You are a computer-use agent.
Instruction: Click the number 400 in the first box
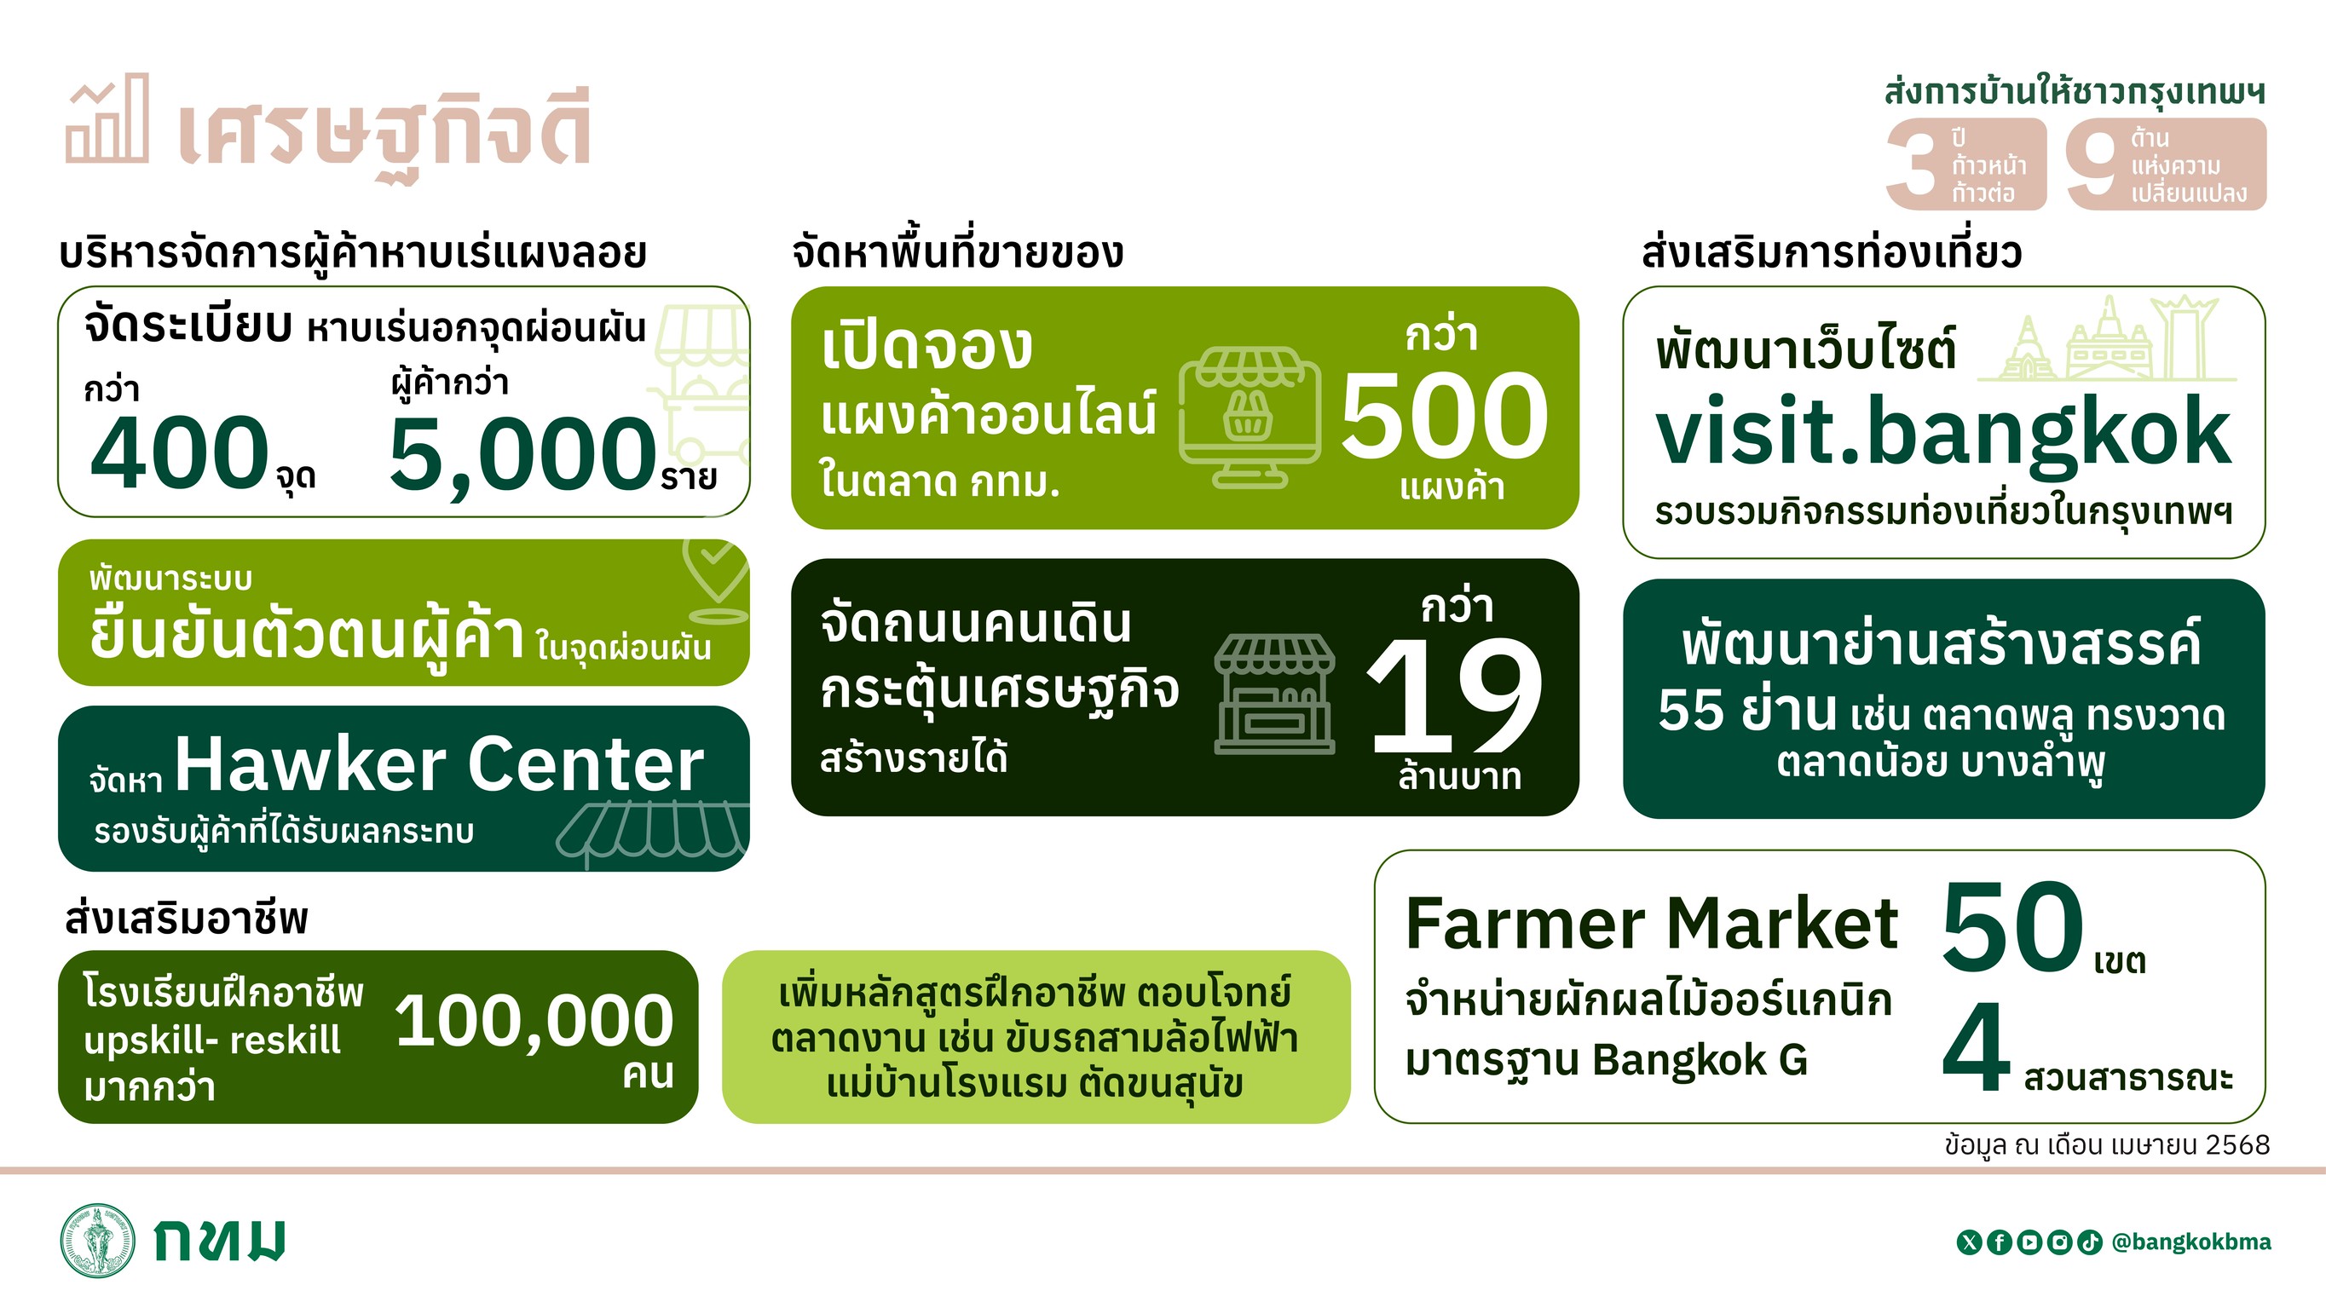click(x=180, y=452)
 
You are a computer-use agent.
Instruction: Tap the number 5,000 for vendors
click(x=522, y=455)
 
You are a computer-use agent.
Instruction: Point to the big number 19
click(x=1455, y=694)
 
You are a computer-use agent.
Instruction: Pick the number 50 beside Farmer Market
click(x=2011, y=927)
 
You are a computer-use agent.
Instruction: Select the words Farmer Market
click(x=1652, y=924)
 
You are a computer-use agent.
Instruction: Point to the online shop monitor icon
click(x=1250, y=418)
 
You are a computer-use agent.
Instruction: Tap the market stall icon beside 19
click(x=1274, y=694)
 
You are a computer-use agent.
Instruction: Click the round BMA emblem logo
click(x=97, y=1241)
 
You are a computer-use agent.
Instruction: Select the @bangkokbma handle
click(x=2191, y=1242)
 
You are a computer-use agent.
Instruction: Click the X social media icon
click(x=1968, y=1243)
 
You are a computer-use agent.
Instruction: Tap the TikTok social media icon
click(x=2089, y=1243)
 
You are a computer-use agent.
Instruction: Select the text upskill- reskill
click(x=212, y=1040)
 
